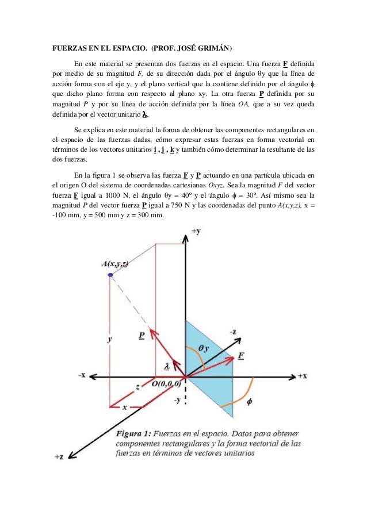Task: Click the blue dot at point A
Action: coord(110,275)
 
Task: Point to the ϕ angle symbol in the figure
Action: coord(249,402)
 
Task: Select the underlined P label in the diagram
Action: coord(142,335)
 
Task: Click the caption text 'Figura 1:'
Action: coord(136,432)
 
